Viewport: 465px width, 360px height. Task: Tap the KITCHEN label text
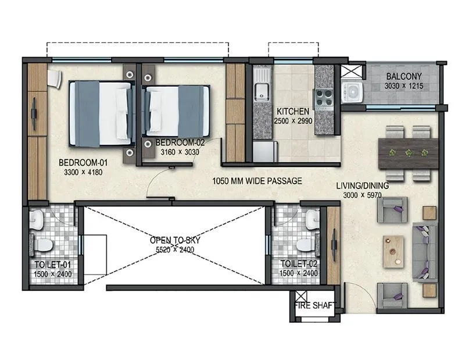[288, 112]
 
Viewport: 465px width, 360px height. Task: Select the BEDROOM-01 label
[82, 163]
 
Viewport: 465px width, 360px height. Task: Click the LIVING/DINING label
[362, 186]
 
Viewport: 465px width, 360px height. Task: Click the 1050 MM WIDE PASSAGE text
[257, 181]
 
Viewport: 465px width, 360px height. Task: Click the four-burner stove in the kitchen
[323, 97]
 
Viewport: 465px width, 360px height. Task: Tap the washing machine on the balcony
[351, 91]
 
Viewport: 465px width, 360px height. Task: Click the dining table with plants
[408, 154]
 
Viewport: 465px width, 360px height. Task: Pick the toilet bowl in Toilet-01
[42, 245]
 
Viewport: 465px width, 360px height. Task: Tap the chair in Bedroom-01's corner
[54, 79]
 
